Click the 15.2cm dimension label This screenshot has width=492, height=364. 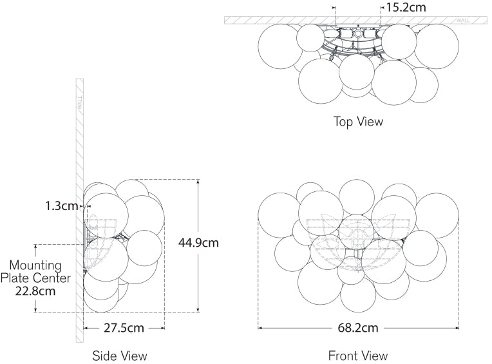[406, 7]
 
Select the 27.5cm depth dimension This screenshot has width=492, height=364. [124, 328]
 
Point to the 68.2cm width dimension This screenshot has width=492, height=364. [359, 328]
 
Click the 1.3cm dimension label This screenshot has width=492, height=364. [61, 206]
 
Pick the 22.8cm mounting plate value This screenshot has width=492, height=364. [35, 291]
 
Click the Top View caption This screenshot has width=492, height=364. [357, 121]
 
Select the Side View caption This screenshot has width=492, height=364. [120, 355]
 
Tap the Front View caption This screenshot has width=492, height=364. [358, 355]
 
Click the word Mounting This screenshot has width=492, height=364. [35, 265]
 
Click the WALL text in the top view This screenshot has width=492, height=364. [462, 21]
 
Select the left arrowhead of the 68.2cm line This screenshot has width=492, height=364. [260, 328]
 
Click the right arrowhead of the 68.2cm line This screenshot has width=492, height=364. [457, 328]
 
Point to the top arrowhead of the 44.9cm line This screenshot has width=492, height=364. [198, 182]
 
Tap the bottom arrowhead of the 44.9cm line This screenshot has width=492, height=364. [198, 310]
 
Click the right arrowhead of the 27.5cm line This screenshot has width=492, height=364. [162, 328]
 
